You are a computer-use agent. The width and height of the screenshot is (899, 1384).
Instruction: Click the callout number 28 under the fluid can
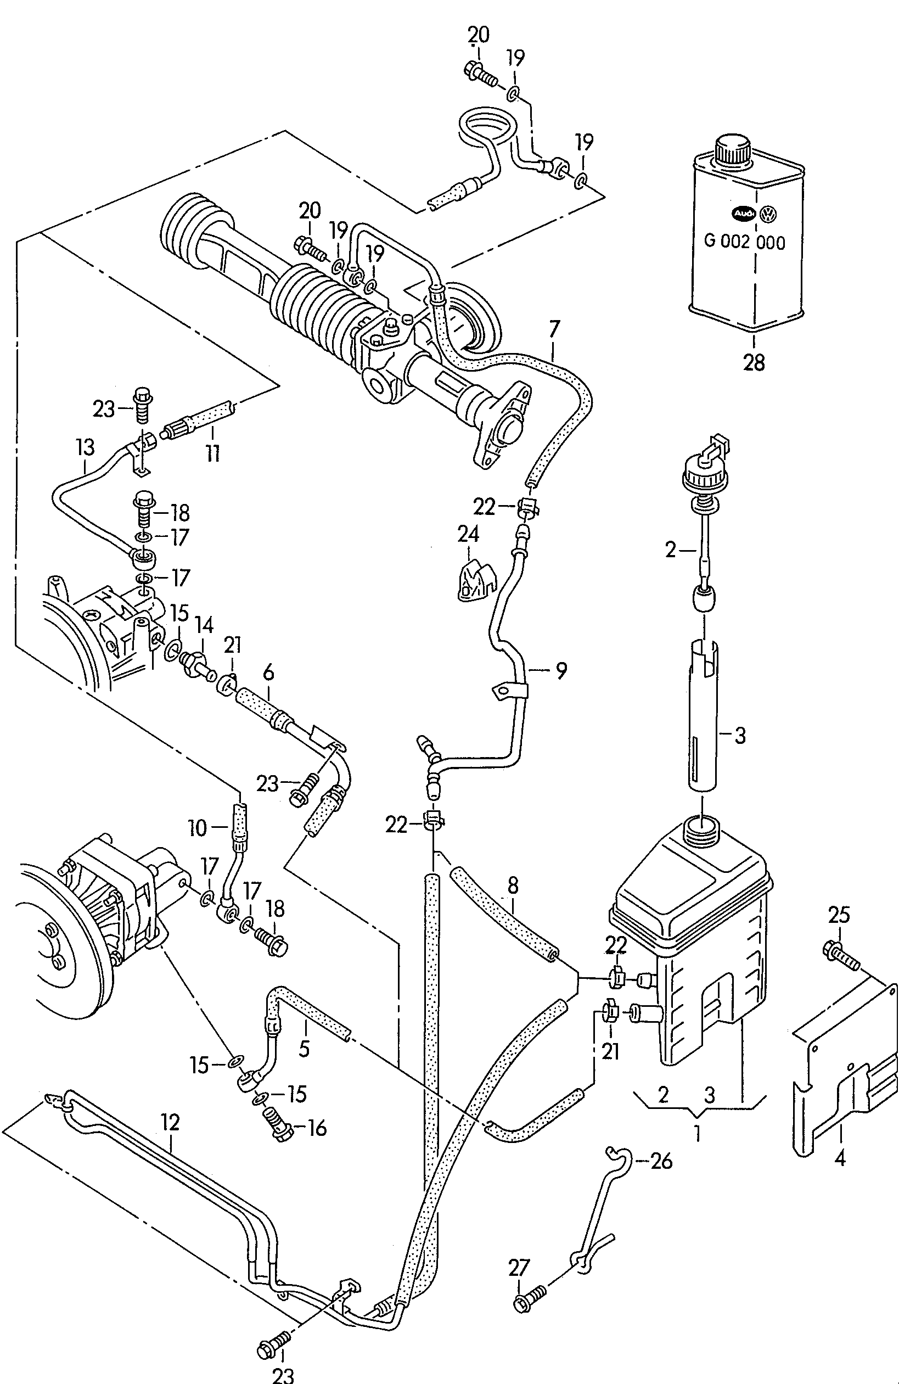coord(754,362)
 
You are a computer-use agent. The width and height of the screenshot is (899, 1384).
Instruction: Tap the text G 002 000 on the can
coord(744,242)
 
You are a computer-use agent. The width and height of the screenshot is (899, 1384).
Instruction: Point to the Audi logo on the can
coord(743,214)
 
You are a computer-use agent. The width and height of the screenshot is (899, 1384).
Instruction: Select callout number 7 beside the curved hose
coord(554,329)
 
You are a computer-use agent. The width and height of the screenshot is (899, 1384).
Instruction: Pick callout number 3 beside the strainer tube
coord(740,736)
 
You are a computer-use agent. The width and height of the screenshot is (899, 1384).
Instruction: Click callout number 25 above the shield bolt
coord(839,915)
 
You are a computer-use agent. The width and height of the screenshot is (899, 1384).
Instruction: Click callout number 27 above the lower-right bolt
coord(519,1268)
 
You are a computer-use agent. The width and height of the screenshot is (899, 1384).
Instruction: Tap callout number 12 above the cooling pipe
coord(170,1122)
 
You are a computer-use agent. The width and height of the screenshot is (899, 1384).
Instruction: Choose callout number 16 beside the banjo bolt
coord(316,1128)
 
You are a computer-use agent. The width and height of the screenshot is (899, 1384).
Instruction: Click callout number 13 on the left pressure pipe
coord(85,447)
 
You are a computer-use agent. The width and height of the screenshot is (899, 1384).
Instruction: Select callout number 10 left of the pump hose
coord(198,827)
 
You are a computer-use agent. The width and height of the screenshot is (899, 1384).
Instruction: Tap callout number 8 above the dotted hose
coord(512,886)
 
